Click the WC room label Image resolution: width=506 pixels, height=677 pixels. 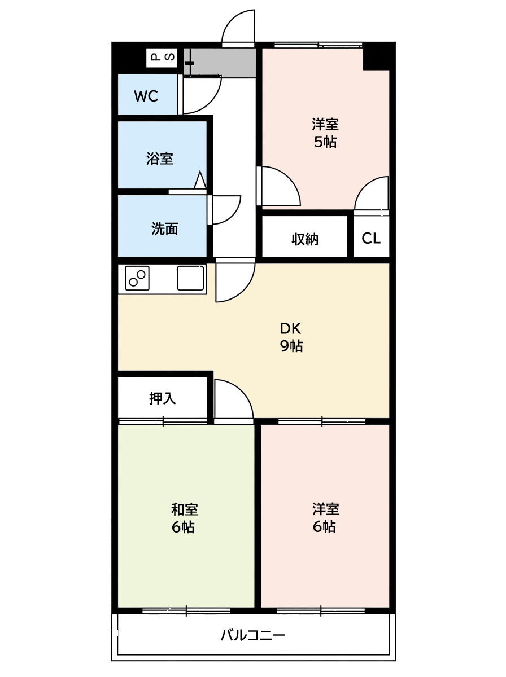click(146, 96)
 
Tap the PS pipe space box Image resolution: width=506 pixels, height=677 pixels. click(162, 58)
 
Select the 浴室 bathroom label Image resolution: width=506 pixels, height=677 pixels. click(160, 158)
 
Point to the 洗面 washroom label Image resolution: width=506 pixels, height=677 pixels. click(164, 228)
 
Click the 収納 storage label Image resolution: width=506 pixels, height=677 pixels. click(305, 239)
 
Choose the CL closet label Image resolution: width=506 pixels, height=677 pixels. click(371, 238)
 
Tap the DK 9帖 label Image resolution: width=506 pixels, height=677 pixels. click(291, 337)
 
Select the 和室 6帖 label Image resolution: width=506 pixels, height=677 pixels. click(184, 518)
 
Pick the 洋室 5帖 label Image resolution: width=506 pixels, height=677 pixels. click(325, 133)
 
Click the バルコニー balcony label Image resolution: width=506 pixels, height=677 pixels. click(252, 635)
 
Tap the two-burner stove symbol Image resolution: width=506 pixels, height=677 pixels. click(137, 278)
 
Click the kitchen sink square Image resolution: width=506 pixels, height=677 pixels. click(190, 278)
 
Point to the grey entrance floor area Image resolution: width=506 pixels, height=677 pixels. click(220, 63)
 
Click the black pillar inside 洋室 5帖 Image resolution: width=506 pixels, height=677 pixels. click(376, 59)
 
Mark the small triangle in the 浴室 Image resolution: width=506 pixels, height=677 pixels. click(200, 180)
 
